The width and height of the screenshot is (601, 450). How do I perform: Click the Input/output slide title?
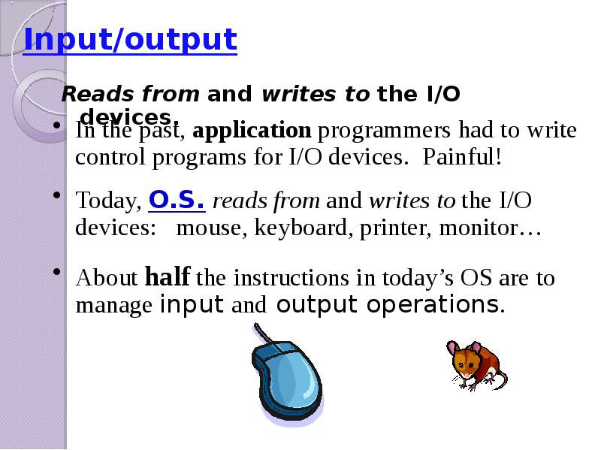pos(130,40)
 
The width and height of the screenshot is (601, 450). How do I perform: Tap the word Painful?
pos(462,157)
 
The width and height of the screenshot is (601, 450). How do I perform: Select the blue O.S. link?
pos(177,200)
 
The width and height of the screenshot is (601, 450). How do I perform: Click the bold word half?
pos(167,276)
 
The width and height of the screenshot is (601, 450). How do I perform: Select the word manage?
pos(114,307)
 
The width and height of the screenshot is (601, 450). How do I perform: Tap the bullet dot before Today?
pos(57,195)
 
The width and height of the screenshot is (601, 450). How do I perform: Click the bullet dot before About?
pos(57,272)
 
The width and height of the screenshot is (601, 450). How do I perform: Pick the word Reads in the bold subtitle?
pos(97,94)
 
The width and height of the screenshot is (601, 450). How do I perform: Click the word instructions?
pos(291,277)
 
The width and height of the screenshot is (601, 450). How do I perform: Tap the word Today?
pos(108,201)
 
